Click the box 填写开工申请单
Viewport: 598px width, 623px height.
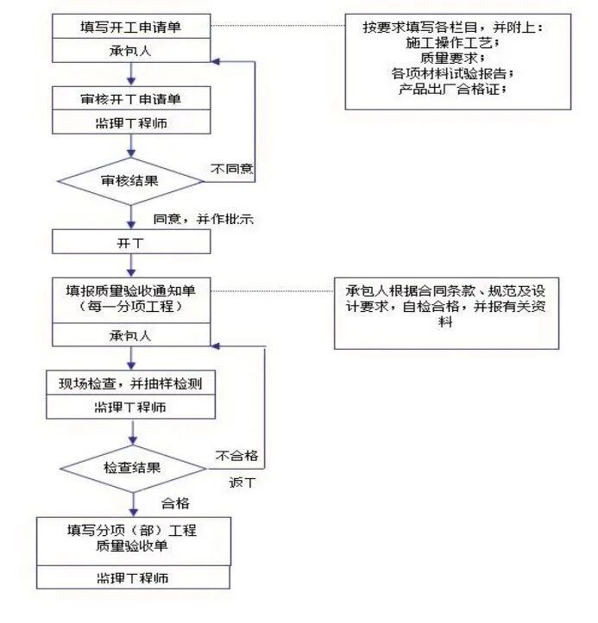(130, 27)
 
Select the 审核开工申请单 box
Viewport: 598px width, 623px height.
(130, 99)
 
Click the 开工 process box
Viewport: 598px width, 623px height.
(130, 242)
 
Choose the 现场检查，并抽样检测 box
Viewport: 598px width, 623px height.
(130, 383)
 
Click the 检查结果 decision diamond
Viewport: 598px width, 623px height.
(133, 467)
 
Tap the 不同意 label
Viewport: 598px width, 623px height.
(232, 168)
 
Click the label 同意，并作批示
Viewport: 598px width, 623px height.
(203, 219)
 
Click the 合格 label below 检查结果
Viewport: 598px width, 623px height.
(175, 503)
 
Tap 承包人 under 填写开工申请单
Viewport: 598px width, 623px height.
(130, 50)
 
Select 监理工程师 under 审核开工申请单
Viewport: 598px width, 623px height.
(130, 122)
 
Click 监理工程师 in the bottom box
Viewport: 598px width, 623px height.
(133, 576)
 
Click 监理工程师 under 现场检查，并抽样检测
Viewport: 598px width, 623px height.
(130, 406)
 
